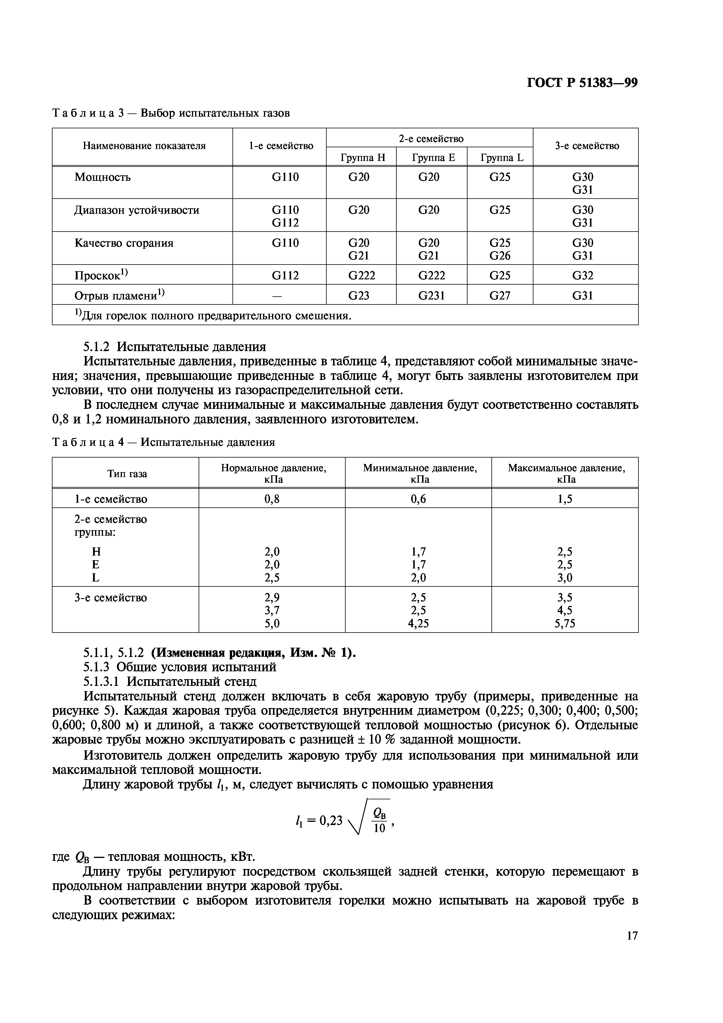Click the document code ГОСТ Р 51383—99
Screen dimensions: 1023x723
582,83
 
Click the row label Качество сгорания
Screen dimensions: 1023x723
124,243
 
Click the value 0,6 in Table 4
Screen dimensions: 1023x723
418,499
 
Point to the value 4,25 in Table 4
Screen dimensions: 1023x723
418,623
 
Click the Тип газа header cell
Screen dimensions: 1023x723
127,474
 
